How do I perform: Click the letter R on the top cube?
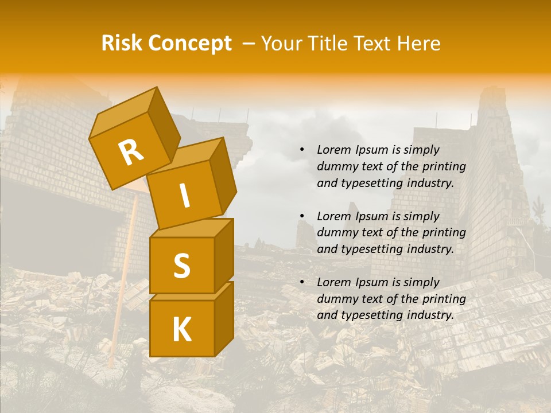point(131,153)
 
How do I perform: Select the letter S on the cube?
point(181,266)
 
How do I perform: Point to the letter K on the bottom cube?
point(181,329)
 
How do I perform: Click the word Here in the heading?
point(421,43)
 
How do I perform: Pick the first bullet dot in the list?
point(302,150)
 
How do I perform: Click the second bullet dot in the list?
point(302,217)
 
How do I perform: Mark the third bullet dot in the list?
point(302,283)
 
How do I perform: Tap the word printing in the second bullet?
point(444,233)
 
